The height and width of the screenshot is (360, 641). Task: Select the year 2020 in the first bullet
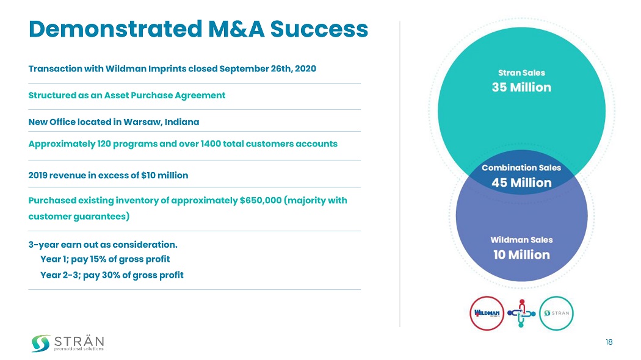click(x=305, y=68)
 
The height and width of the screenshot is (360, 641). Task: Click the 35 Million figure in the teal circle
click(x=521, y=87)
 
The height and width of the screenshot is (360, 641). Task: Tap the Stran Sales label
click(x=521, y=73)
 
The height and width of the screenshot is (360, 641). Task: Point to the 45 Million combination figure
click(x=521, y=182)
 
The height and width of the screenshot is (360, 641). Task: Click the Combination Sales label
click(x=521, y=167)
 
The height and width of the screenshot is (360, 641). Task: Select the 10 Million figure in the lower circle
click(x=521, y=254)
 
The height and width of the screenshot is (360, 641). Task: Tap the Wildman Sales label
click(x=521, y=240)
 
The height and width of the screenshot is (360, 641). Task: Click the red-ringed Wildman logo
click(x=487, y=313)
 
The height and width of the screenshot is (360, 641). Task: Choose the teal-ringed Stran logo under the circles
click(x=557, y=313)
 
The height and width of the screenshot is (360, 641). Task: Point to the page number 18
click(x=609, y=342)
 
